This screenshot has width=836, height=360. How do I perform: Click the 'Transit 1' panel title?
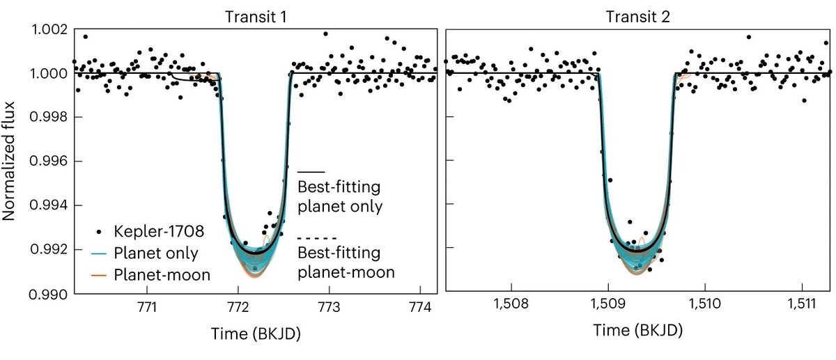pyautogui.click(x=255, y=17)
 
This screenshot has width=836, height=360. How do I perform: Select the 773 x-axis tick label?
pyautogui.click(x=330, y=307)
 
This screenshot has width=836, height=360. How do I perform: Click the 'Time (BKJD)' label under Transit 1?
pyautogui.click(x=255, y=334)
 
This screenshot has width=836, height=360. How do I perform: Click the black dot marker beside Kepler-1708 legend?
pyautogui.click(x=100, y=231)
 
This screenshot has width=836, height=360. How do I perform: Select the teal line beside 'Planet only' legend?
pyautogui.click(x=100, y=253)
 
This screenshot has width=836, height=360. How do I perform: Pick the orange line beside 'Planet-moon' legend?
pyautogui.click(x=100, y=275)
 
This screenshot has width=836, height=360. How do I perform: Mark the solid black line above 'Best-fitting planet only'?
pyautogui.click(x=311, y=171)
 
